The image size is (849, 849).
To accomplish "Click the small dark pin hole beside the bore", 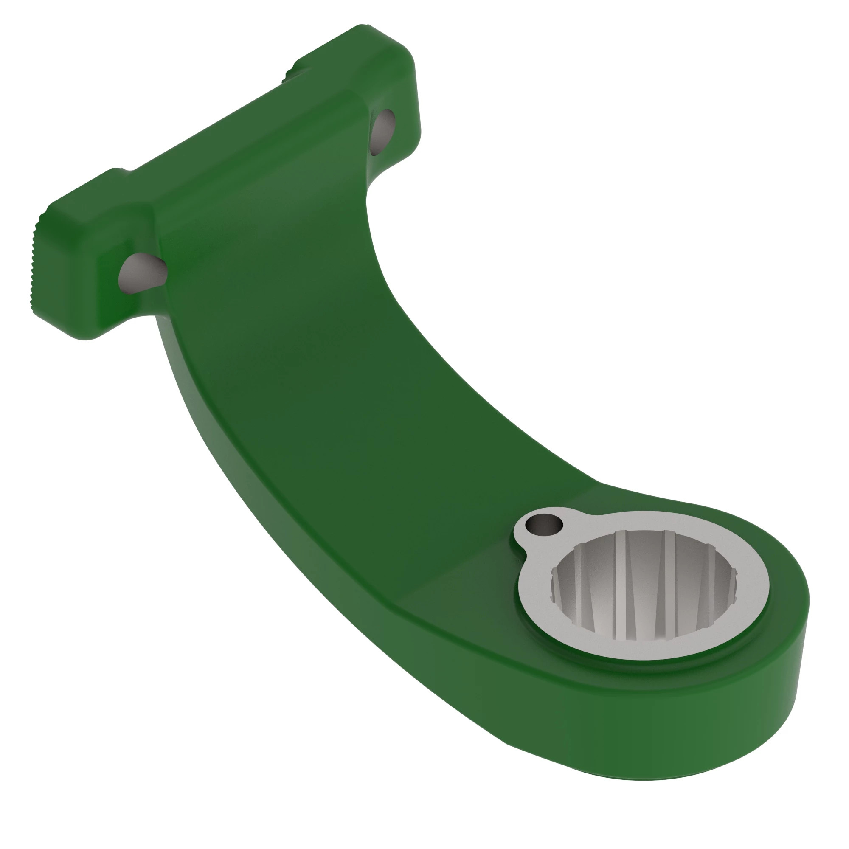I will (x=545, y=523).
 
